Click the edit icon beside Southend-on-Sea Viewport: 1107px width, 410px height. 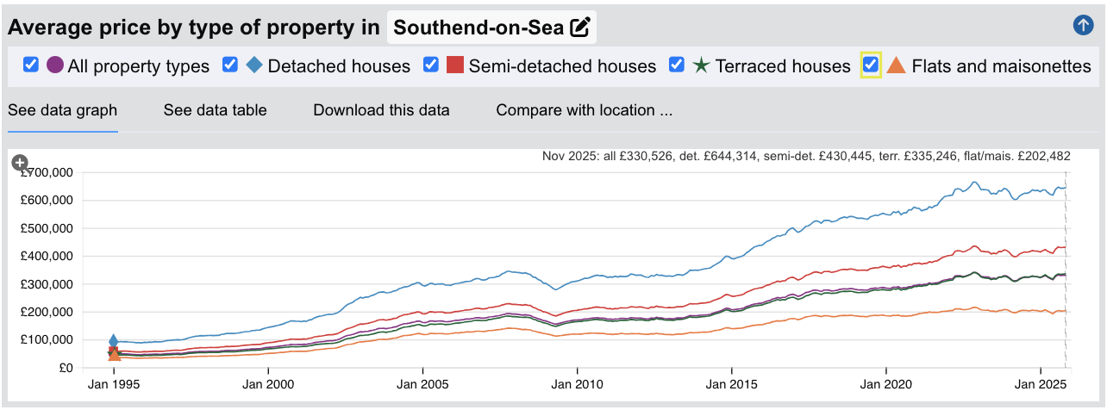tap(580, 28)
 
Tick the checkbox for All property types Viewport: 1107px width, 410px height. tap(31, 65)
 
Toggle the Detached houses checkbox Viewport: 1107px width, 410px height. tap(230, 65)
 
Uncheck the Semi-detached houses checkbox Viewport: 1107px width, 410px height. tap(431, 65)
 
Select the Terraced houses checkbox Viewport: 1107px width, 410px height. tap(677, 65)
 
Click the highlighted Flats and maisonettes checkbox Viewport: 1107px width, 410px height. tap(871, 65)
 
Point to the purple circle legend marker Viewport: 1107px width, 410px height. tap(55, 65)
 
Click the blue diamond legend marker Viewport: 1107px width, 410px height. tap(255, 65)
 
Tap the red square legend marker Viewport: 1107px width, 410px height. tap(455, 65)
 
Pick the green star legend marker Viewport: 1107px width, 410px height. tap(701, 65)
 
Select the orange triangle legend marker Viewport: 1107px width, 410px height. tap(897, 65)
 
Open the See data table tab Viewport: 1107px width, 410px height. tap(215, 110)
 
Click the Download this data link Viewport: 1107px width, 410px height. tap(381, 110)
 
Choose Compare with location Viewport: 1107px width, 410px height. tap(584, 110)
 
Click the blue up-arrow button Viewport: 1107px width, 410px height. tap(1083, 26)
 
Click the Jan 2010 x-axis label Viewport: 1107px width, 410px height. tap(577, 385)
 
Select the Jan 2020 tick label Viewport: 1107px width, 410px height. tap(885, 385)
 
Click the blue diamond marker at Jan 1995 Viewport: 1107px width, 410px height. tap(113, 341)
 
